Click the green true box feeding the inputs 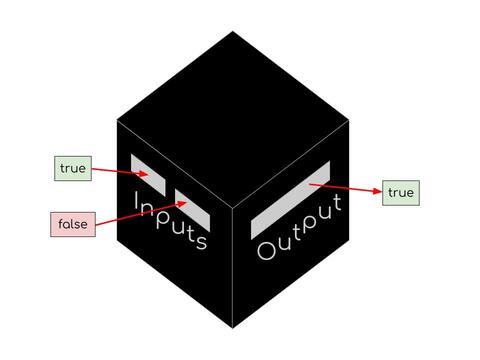coord(73,168)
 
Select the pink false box coord(73,224)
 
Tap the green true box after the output coord(401,193)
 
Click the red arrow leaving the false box coord(141,213)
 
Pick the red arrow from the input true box coord(120,172)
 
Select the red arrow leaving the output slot coord(346,188)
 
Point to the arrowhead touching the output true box coord(378,191)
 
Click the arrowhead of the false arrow coord(182,203)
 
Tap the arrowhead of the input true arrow coord(144,174)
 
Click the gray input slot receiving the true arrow coord(148,175)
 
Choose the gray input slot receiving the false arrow coord(192,210)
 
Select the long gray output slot coord(290,200)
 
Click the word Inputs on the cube coord(170,221)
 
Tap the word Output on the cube coord(299,228)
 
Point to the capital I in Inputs coord(136,200)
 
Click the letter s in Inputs coord(202,241)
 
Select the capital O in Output coord(266,251)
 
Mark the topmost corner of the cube coord(233,31)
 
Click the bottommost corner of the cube coord(233,328)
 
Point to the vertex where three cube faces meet coord(233,207)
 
